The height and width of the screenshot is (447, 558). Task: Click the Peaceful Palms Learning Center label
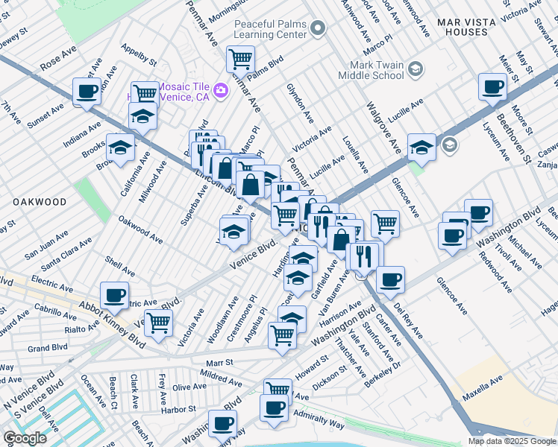[x=270, y=29]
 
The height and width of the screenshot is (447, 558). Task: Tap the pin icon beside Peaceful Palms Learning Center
[x=319, y=29]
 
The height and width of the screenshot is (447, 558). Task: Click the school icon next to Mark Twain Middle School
[x=416, y=70]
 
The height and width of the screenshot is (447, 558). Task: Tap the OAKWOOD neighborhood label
[x=39, y=202]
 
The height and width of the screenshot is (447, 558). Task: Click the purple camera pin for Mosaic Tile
[x=220, y=91]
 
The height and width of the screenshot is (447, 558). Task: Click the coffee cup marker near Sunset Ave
[x=87, y=92]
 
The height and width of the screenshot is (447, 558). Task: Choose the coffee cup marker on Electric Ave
[x=114, y=295]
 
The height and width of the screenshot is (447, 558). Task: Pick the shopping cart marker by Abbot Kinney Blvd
[x=158, y=323]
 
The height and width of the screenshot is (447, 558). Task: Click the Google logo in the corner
[x=25, y=437]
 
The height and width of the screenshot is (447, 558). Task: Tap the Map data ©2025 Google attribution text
[x=511, y=441]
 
